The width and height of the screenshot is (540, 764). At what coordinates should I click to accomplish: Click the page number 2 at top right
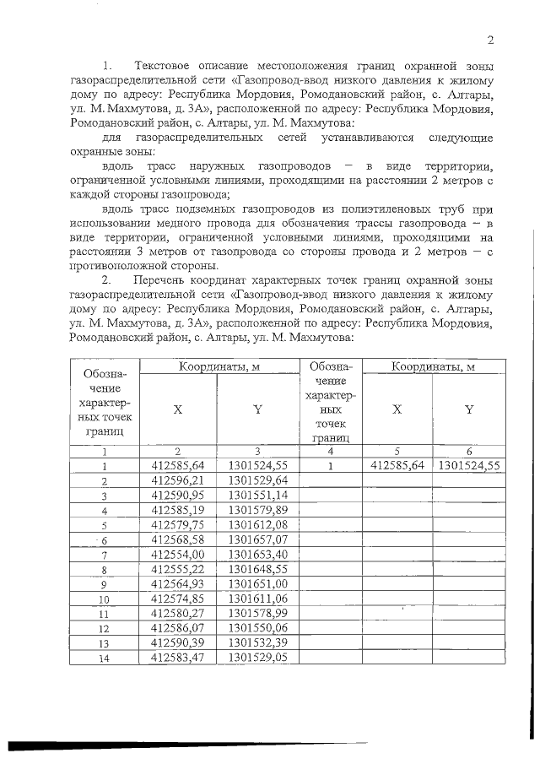tap(489, 40)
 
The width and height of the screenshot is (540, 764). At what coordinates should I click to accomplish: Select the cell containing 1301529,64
tap(258, 480)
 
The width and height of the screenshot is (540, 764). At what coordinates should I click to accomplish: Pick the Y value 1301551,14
tap(258, 496)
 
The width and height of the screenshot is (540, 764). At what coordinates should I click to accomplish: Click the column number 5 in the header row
tap(397, 451)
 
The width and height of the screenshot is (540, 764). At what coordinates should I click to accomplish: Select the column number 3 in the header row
tap(258, 451)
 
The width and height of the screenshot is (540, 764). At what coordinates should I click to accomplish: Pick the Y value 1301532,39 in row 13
tap(258, 642)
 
